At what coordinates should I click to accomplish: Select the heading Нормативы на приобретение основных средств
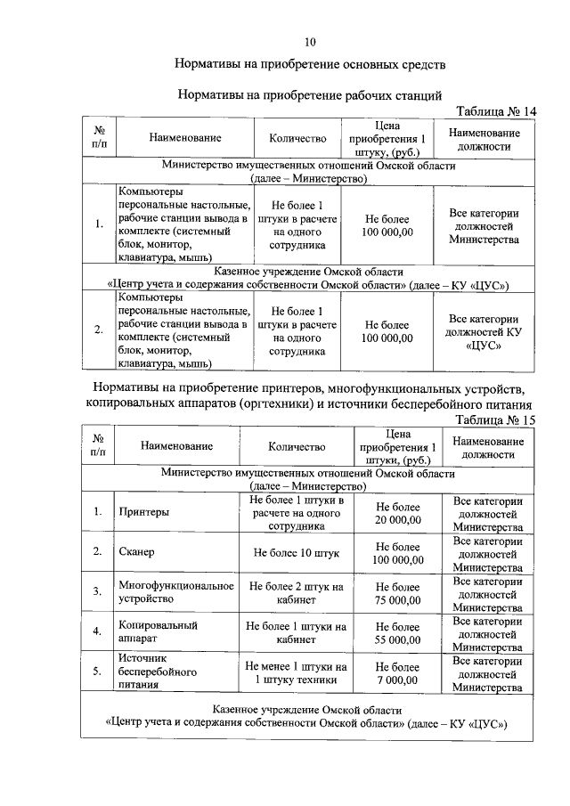coord(309,65)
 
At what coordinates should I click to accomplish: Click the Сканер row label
coord(137,552)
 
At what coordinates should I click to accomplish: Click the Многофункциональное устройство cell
coord(175,593)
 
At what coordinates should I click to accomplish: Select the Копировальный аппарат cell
coord(158,632)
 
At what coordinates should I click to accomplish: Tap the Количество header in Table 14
coord(297,138)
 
